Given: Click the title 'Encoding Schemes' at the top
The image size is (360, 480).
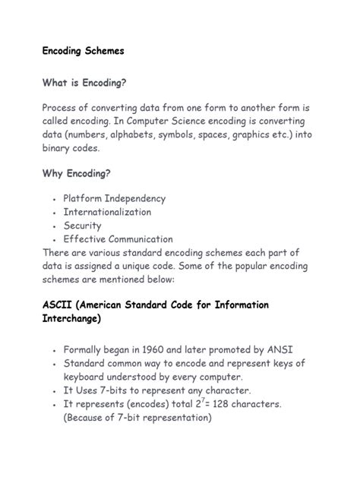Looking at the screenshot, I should [83, 51].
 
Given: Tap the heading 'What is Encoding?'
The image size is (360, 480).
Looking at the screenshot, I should [84, 82].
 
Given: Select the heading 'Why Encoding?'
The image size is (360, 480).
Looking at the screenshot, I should [77, 173].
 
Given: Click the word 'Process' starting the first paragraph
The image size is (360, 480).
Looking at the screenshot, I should [63, 108].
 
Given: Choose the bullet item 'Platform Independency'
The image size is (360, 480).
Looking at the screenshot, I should [114, 198].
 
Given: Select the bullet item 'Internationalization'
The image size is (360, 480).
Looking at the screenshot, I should [107, 212].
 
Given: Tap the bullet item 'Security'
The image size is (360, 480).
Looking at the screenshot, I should [82, 226].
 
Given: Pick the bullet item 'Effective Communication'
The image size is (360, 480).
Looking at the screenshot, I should [118, 239].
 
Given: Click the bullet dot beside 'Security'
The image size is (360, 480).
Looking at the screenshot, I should [55, 226].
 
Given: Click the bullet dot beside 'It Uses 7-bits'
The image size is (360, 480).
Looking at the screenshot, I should [55, 391].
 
